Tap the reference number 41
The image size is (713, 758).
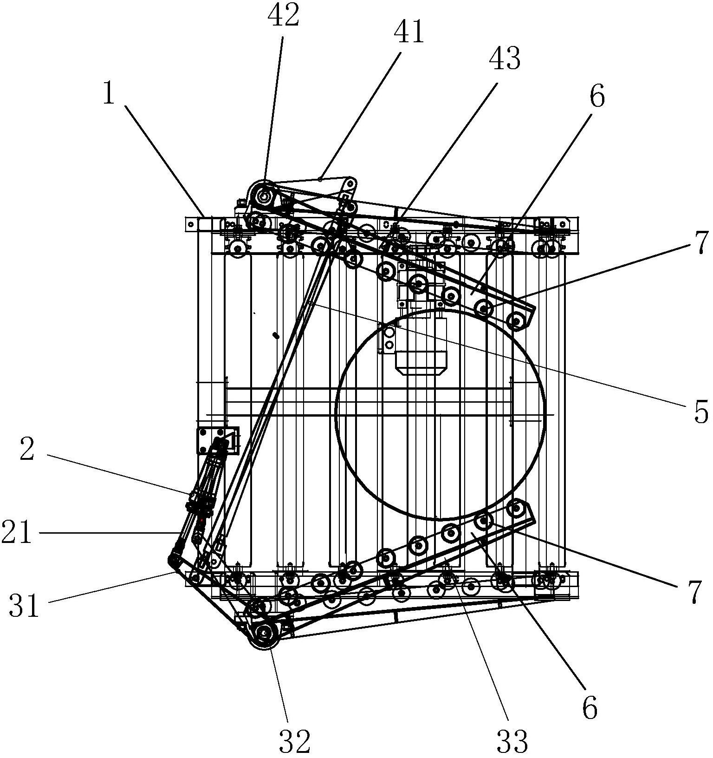409,33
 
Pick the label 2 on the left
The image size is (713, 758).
27,450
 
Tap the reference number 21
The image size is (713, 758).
17,533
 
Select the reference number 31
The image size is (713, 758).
24,607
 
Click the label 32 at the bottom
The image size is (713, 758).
294,741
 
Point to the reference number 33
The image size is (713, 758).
512,741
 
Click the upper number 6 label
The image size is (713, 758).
597,97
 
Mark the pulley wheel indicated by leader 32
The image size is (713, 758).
264,634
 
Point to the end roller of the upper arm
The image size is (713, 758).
516,320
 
